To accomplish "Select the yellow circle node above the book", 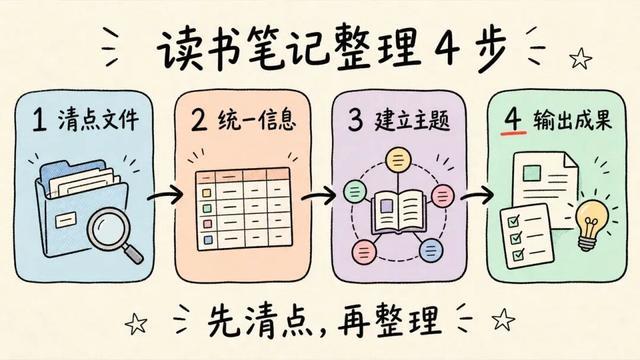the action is (397, 160).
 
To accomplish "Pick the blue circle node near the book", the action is (431, 250).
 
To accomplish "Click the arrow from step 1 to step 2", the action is (165, 196).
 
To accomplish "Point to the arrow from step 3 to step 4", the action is (477, 196).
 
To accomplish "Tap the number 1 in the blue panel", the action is (39, 120).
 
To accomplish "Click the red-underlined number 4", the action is (513, 119).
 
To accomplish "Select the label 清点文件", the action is (98, 120).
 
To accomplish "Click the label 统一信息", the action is (257, 120).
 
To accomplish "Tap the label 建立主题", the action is (412, 120).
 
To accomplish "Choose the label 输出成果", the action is (572, 120).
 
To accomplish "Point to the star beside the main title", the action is (581, 58).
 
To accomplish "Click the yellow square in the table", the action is (207, 193).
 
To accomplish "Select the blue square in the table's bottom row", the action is (208, 240).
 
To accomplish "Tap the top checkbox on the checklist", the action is (513, 222).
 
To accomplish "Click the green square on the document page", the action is (532, 173).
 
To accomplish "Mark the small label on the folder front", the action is (66, 220).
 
